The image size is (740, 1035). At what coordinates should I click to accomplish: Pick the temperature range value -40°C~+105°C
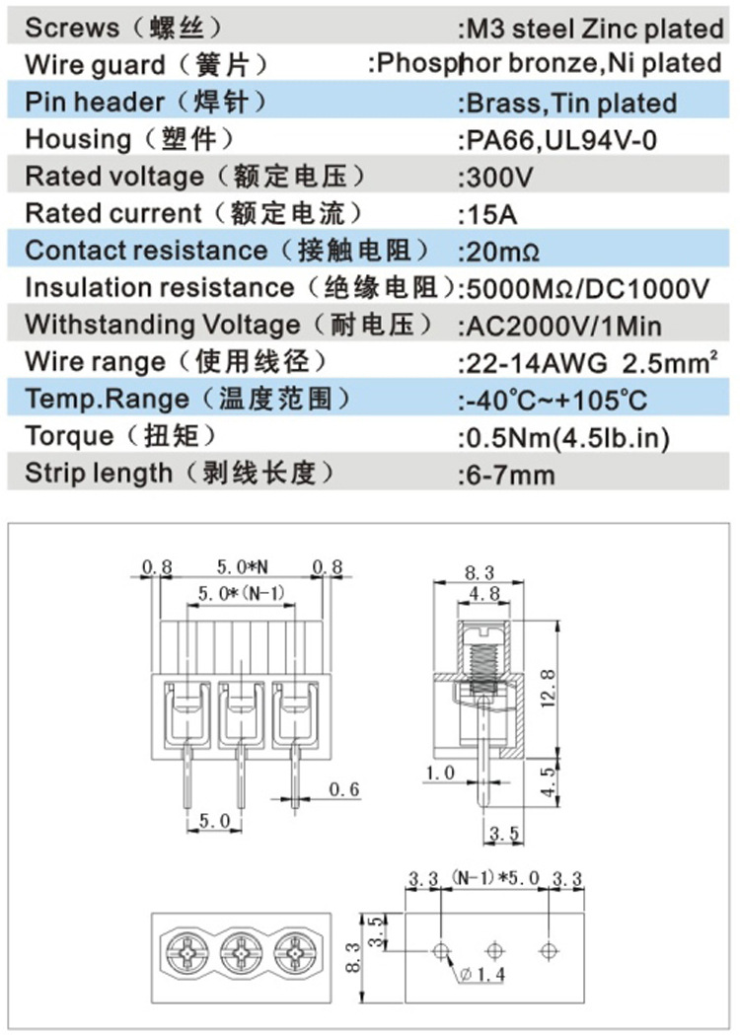(x=555, y=400)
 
